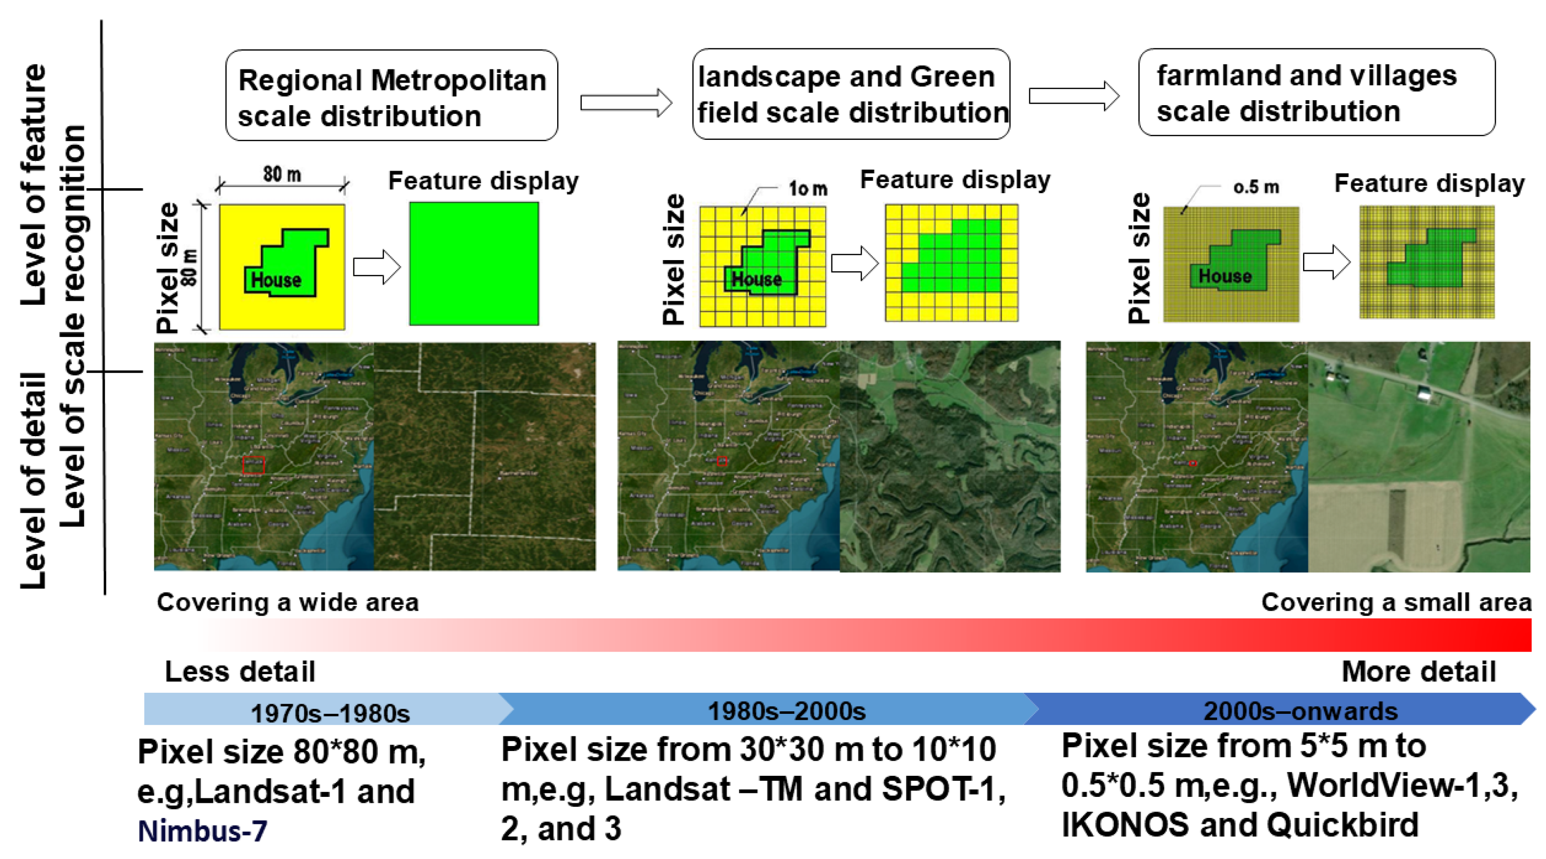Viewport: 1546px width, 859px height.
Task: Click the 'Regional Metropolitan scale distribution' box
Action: tap(392, 96)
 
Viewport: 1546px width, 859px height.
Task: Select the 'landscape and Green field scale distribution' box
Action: tap(851, 94)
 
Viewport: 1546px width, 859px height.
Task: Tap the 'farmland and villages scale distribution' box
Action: tap(1316, 92)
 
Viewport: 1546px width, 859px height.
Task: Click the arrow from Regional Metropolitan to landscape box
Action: tap(626, 103)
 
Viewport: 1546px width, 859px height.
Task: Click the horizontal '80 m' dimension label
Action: tap(282, 175)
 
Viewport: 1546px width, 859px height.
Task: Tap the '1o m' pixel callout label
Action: tap(808, 189)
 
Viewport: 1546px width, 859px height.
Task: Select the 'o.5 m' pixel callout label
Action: tap(1256, 187)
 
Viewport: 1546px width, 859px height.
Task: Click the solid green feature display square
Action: tap(474, 264)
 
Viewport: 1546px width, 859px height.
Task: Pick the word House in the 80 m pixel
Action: tap(276, 280)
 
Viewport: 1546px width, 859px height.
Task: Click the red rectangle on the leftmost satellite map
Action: tap(253, 465)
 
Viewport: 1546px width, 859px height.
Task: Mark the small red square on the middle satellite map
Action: tap(722, 461)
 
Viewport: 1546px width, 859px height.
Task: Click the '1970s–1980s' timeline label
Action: tap(330, 714)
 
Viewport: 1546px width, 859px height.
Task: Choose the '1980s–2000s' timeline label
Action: tap(787, 711)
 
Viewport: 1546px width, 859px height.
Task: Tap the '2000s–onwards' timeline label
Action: tap(1301, 711)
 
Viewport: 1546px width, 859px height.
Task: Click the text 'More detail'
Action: tap(1419, 672)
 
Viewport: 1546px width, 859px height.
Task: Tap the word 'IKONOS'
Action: tap(1125, 825)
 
